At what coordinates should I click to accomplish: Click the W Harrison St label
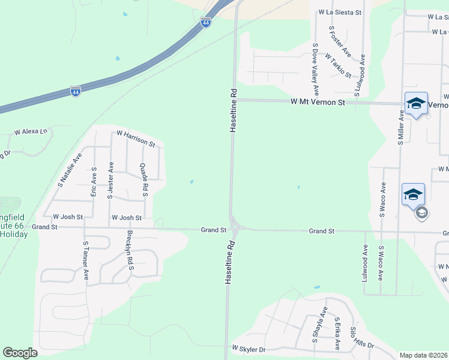[136, 139]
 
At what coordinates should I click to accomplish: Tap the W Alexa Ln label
[31, 131]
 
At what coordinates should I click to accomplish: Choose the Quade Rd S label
[144, 180]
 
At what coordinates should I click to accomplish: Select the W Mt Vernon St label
[318, 103]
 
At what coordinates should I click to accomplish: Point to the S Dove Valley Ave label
[315, 69]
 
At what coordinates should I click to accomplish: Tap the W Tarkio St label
[339, 65]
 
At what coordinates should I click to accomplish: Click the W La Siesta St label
[340, 11]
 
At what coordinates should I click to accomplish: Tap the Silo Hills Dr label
[361, 338]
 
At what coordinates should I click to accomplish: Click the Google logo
[20, 353]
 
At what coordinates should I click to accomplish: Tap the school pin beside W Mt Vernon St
[417, 104]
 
